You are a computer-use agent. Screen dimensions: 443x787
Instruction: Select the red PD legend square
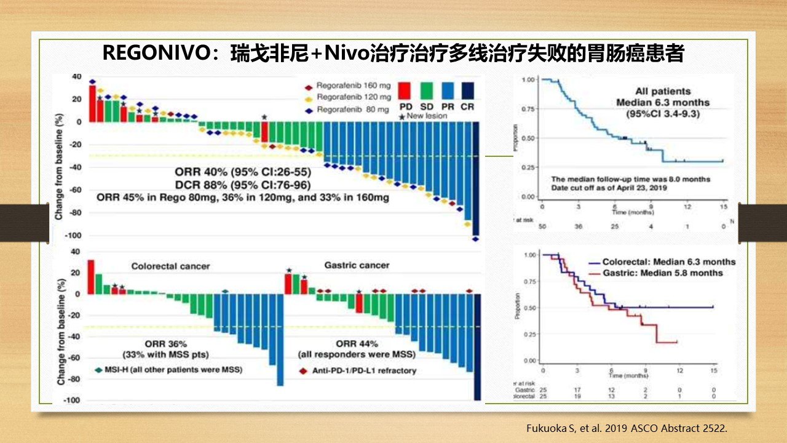coord(406,90)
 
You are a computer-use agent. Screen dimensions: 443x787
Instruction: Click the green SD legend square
coord(427,90)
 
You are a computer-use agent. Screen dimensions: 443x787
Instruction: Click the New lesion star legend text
coord(424,116)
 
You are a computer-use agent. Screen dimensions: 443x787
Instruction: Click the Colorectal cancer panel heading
coord(170,266)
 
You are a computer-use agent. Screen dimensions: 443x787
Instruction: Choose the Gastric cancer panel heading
coord(357,265)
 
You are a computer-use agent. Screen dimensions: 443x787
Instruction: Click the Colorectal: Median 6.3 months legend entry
coord(668,261)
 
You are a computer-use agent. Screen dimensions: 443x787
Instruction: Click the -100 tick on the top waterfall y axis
coord(73,236)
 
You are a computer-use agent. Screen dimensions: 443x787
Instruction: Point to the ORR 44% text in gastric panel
coord(357,343)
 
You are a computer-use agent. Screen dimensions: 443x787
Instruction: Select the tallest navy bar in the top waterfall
coord(475,178)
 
